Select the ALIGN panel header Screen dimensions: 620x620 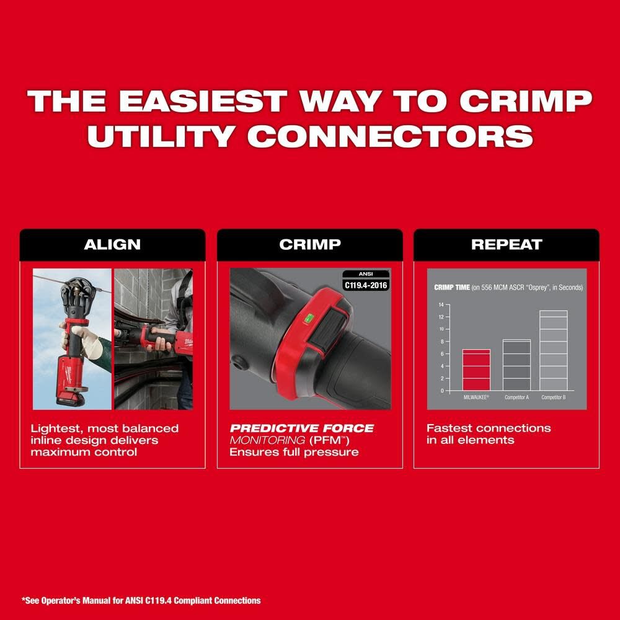112,244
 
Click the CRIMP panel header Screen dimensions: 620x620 309,244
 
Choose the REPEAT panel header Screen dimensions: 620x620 507,244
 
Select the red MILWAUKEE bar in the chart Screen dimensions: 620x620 476,370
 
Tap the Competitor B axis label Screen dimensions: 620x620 553,397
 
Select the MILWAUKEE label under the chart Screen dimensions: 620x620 476,397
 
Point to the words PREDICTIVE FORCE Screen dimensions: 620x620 302,428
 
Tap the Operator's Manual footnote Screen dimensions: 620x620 142,600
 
